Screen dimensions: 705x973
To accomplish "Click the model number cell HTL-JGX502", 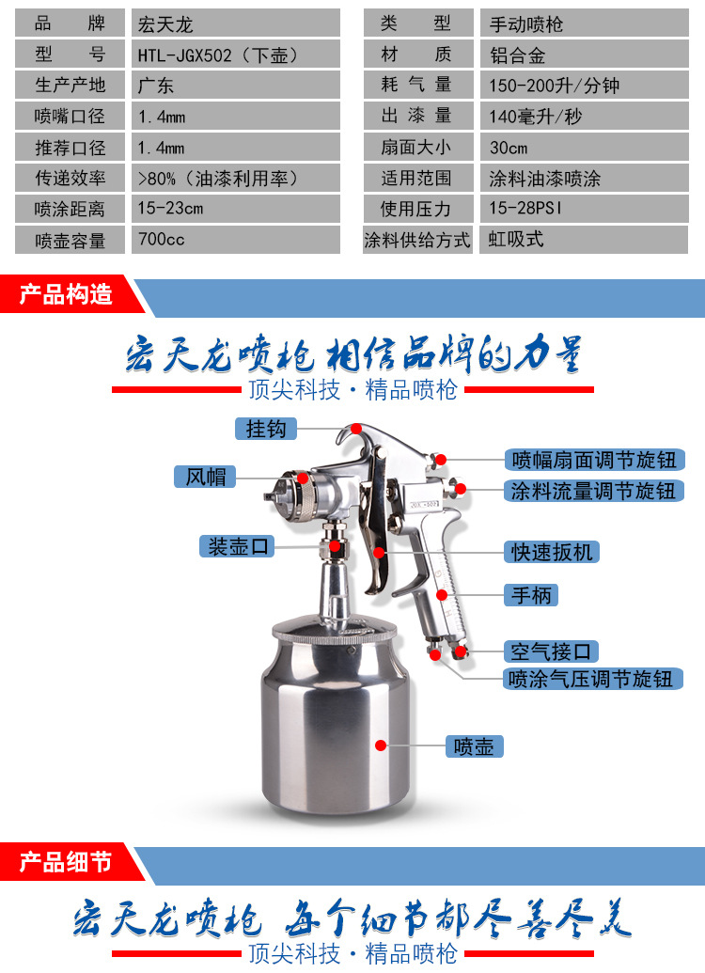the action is click(236, 54).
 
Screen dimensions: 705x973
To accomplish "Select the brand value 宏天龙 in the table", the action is click(236, 23).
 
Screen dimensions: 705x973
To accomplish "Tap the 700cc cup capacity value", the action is click(236, 240).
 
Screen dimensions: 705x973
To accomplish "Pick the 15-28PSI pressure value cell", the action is click(584, 209).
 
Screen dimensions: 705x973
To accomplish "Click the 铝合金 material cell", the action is click(584, 54).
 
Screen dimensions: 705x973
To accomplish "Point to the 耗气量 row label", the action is click(417, 85).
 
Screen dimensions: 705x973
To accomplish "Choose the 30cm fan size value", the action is click(584, 147).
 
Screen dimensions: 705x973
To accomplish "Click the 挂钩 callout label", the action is click(266, 429).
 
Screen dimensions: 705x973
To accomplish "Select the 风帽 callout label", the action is click(206, 477).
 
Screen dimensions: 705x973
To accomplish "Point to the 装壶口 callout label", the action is click(237, 547).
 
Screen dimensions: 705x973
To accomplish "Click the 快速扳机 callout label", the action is click(551, 552).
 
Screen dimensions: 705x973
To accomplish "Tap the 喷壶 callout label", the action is click(474, 746).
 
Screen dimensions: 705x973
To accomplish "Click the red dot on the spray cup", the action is click(381, 745).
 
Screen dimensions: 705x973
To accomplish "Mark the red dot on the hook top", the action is click(355, 429).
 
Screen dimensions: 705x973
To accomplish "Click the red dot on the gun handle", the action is click(442, 595).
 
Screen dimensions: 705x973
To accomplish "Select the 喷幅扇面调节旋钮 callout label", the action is click(594, 460).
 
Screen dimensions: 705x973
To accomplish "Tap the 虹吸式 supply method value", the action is click(584, 240).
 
